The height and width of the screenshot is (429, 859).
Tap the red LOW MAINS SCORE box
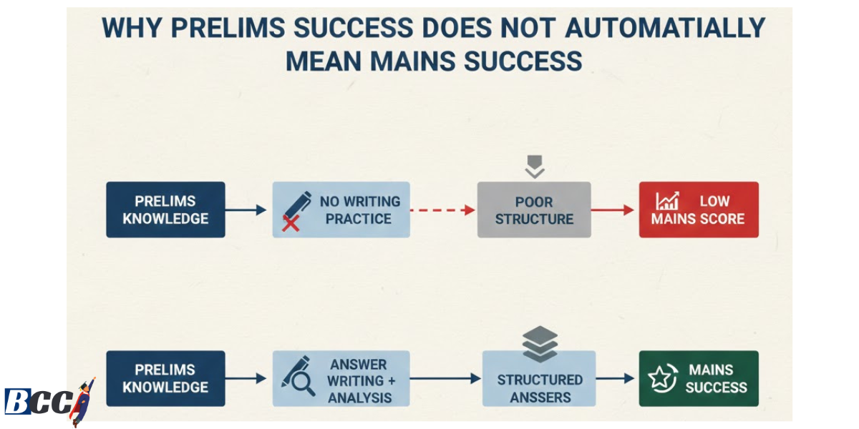[x=698, y=209]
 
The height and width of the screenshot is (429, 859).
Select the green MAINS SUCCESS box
[x=698, y=378]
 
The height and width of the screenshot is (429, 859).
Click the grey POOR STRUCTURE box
[x=534, y=209]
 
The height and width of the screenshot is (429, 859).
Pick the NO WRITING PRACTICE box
[x=341, y=209]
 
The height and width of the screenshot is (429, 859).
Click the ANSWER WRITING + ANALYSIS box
[x=341, y=379]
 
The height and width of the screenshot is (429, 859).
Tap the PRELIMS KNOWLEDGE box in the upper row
[x=165, y=209]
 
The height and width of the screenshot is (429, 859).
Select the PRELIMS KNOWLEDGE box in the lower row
[x=165, y=378]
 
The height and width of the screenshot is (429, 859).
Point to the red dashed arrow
[x=442, y=209]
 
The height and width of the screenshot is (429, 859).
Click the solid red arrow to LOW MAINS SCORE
[x=613, y=209]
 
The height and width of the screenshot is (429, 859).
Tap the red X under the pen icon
[x=290, y=224]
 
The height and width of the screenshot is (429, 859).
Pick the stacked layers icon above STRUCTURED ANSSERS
[x=540, y=343]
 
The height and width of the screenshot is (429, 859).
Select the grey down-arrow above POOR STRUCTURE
[x=535, y=167]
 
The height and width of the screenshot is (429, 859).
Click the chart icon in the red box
[x=667, y=201]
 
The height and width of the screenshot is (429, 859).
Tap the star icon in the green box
[x=660, y=378]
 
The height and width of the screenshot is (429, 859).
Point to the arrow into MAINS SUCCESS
[x=616, y=379]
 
